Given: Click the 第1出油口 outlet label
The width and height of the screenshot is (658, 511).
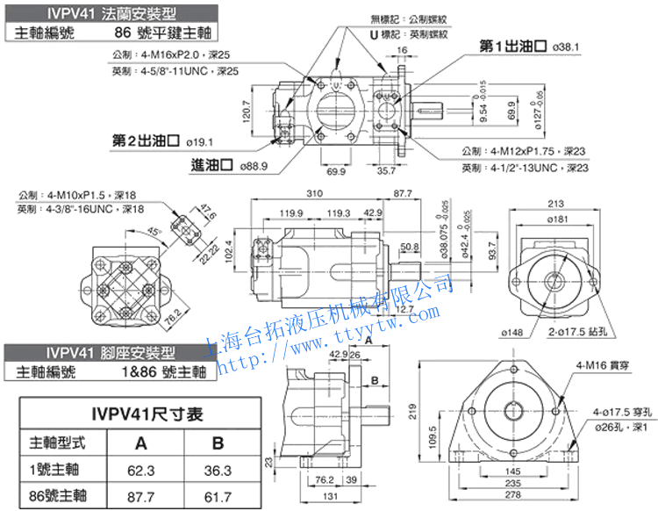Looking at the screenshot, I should point(513,46).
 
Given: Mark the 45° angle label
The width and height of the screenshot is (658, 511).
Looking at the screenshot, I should point(154,232).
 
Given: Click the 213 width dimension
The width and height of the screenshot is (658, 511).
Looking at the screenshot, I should point(554,205).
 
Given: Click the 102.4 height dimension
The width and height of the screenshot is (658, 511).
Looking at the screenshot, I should point(230,250).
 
